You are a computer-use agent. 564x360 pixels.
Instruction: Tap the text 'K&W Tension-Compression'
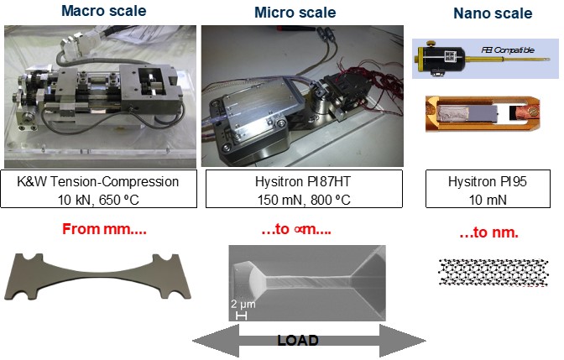tap(100, 182)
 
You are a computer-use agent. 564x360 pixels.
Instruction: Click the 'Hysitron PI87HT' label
tap(295, 182)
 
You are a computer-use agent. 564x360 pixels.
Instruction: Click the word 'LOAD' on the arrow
tap(298, 340)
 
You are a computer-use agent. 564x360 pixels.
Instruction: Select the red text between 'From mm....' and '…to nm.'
tap(295, 229)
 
